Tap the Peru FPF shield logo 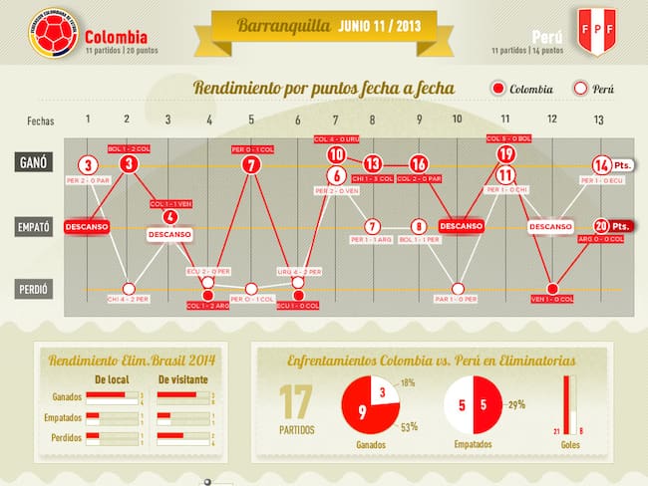point(598,34)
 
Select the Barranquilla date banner point(324,26)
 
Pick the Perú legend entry point(595,89)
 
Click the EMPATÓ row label point(34,227)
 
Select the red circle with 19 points point(505,153)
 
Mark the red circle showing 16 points point(419,164)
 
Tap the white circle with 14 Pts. point(602,164)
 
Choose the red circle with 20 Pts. point(602,226)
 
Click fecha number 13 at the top point(598,121)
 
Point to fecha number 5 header point(251,121)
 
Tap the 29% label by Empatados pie point(515,404)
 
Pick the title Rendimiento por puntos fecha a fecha point(324,89)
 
